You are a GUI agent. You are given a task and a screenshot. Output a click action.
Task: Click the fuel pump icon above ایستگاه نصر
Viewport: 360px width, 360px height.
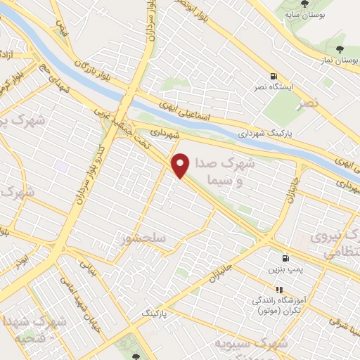point(274,77)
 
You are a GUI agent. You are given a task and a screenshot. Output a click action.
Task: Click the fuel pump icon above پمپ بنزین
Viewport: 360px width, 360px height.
point(285,259)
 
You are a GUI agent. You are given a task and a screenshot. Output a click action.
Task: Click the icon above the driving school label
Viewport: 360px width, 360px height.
point(279,289)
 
